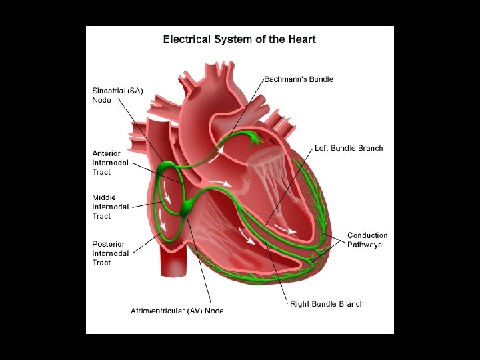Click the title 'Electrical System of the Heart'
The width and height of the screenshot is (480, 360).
tap(239, 39)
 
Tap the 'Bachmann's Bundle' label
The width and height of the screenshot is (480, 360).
tap(299, 79)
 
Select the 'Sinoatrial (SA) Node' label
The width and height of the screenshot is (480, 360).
tap(117, 95)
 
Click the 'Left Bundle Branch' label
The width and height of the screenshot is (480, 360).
tap(349, 148)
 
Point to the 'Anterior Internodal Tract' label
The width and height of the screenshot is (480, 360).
tap(110, 163)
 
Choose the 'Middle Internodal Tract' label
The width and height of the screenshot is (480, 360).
tap(110, 207)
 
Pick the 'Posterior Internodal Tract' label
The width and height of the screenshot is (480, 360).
tap(110, 253)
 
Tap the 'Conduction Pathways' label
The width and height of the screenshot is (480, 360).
tap(367, 240)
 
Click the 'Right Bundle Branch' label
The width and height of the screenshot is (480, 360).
tap(327, 304)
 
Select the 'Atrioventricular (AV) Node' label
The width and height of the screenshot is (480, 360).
tap(177, 311)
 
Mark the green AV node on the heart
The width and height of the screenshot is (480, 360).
tap(187, 207)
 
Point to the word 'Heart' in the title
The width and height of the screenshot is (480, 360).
tap(302, 39)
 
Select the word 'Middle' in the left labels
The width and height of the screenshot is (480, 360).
tap(104, 197)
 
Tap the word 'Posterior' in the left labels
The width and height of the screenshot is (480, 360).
tap(110, 244)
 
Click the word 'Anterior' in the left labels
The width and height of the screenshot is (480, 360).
tap(107, 153)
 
